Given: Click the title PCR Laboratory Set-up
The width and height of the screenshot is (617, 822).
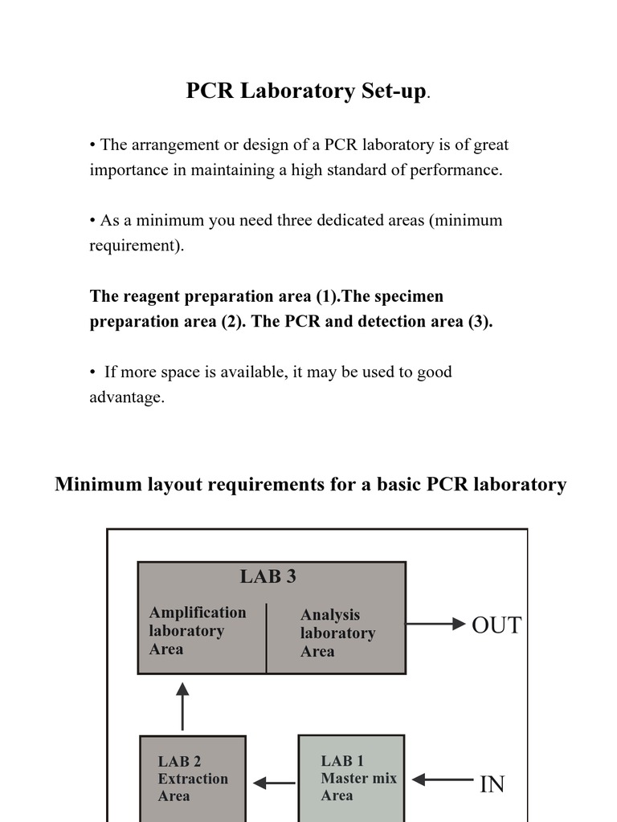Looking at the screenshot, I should pos(305,92).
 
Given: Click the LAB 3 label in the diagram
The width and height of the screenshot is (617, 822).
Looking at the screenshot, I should pos(268,576).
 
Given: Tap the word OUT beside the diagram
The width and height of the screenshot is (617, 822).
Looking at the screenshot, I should pos(496,625).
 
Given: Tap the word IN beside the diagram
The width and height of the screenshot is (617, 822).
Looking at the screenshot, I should pos(492,784).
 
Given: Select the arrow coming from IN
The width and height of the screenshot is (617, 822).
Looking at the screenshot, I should pos(447,779).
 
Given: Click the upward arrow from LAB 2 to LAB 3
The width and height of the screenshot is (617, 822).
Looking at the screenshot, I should pos(182,706).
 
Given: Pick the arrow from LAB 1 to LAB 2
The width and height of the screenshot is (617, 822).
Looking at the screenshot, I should pos(273,783).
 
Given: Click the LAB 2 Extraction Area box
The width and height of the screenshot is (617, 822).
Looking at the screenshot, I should pos(193,778).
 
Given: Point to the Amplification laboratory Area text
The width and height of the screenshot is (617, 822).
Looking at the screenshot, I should pos(198,631).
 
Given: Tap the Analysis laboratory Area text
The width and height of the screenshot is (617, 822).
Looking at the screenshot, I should pos(337,633).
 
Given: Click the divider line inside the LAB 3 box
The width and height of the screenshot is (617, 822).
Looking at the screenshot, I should pos(267,638).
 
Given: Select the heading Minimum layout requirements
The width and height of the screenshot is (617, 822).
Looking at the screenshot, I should pos(310,485).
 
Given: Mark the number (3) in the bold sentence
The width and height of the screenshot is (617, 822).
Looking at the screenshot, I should pos(479,321).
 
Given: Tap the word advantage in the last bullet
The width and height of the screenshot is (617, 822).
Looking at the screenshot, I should pos(126,397).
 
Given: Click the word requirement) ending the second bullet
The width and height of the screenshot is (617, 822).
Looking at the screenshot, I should pos(137,246).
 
